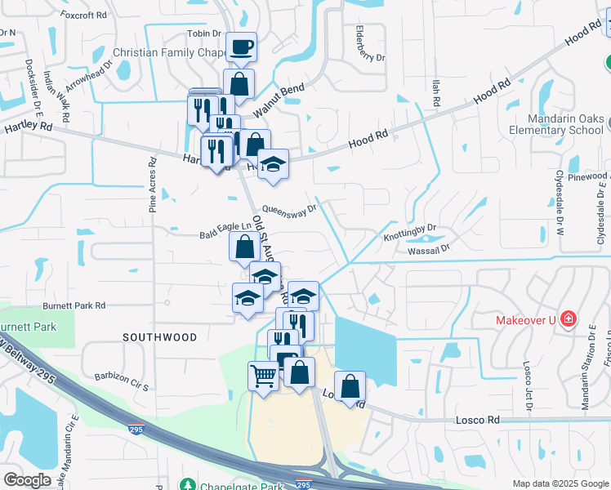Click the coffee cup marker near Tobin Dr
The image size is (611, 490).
tap(240, 47)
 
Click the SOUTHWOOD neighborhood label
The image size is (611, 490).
tap(160, 336)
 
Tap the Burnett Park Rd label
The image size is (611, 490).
tap(75, 305)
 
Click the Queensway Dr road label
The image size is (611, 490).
tap(288, 211)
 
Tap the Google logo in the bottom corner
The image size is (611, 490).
tap(27, 479)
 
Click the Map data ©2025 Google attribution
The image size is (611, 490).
tap(560, 483)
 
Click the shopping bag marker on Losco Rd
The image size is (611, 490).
tap(350, 388)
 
